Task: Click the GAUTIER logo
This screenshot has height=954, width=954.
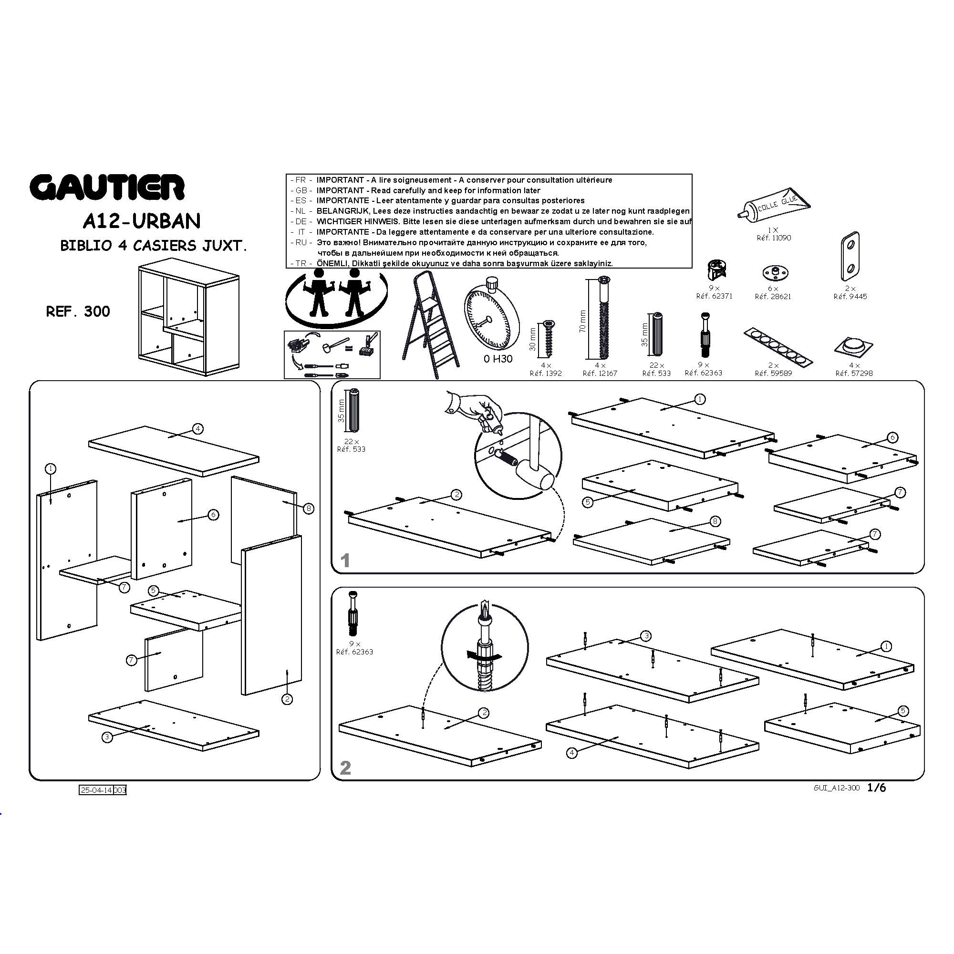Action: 107,187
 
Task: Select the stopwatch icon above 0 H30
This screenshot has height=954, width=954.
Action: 491,313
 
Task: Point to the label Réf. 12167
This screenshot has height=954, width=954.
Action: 600,373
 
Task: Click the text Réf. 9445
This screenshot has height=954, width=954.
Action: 850,296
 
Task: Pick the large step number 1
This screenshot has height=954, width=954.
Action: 346,560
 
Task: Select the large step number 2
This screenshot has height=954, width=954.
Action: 346,767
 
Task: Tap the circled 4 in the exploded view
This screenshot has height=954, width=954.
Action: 197,429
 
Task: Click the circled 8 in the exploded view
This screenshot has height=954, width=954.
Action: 309,508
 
